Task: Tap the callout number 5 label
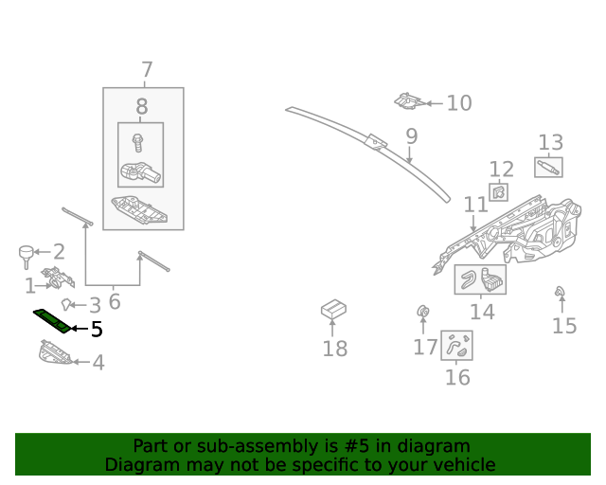tap(96, 330)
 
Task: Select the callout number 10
tap(458, 102)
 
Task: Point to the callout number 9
tap(411, 136)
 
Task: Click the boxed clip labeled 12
tap(498, 193)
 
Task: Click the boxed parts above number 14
tap(481, 279)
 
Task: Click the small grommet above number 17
tap(423, 311)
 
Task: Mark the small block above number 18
tap(333, 308)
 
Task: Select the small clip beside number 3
tap(67, 304)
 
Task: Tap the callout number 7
tap(147, 69)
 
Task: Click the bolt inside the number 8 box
tap(139, 143)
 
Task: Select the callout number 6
tap(115, 302)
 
